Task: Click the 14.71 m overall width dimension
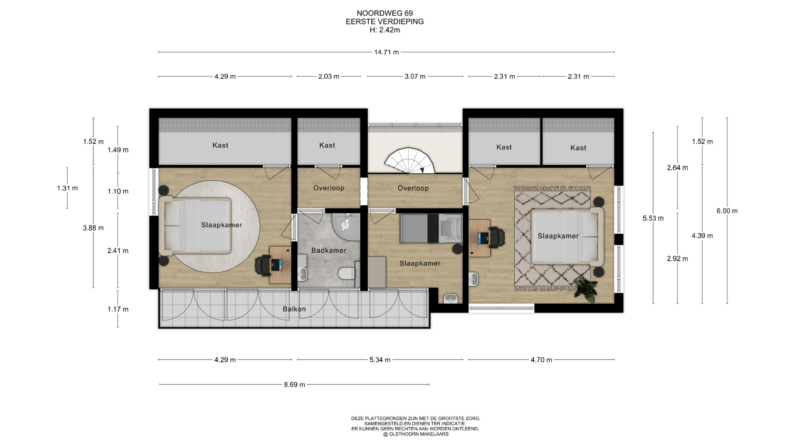pyautogui.click(x=386, y=52)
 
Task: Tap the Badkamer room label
pyautogui.click(x=329, y=250)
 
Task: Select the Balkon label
pyautogui.click(x=294, y=309)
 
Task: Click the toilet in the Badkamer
pyautogui.click(x=346, y=273)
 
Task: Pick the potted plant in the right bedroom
pyautogui.click(x=585, y=288)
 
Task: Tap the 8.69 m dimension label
pyautogui.click(x=294, y=385)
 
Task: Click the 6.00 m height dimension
pyautogui.click(x=727, y=211)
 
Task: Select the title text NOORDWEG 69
pyautogui.click(x=385, y=13)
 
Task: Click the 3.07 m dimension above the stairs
pyautogui.click(x=415, y=77)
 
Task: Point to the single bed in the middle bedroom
pyautogui.click(x=431, y=228)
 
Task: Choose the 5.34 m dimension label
pyautogui.click(x=380, y=360)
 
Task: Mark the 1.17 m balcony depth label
pyautogui.click(x=118, y=309)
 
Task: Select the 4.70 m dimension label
pyautogui.click(x=541, y=360)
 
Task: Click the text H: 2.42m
pyautogui.click(x=385, y=30)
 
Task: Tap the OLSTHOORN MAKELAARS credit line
pyautogui.click(x=415, y=434)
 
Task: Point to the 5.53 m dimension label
pyautogui.click(x=653, y=218)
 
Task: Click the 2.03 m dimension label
pyautogui.click(x=329, y=77)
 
